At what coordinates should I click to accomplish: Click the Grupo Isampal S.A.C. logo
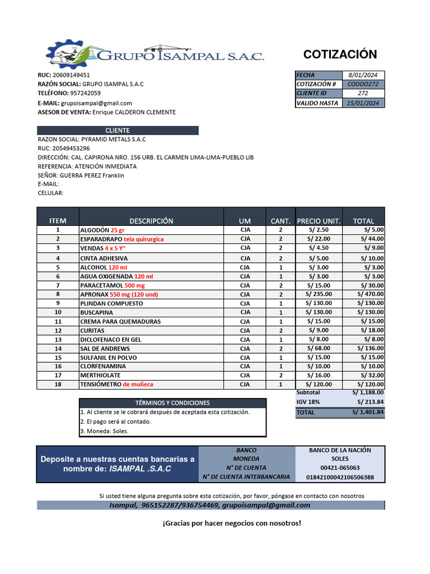pos(155,54)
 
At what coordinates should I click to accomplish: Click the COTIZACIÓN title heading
pos(340,54)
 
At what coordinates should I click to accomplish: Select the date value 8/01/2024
pos(363,75)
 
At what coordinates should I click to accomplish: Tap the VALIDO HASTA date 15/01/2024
pos(363,103)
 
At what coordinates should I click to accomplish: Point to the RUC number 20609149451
pos(71,75)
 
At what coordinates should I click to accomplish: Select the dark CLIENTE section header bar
pos(118,131)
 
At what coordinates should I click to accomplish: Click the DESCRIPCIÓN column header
pos(151,221)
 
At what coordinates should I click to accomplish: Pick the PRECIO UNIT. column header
pos(318,221)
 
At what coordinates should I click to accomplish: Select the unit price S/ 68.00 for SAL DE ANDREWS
pos(319,349)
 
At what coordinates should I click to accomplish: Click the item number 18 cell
pos(58,385)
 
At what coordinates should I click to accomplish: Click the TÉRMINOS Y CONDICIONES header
pos(172,403)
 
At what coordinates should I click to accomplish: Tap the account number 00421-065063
pos(340,467)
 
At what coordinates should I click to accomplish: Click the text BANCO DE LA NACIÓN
pos(340,450)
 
